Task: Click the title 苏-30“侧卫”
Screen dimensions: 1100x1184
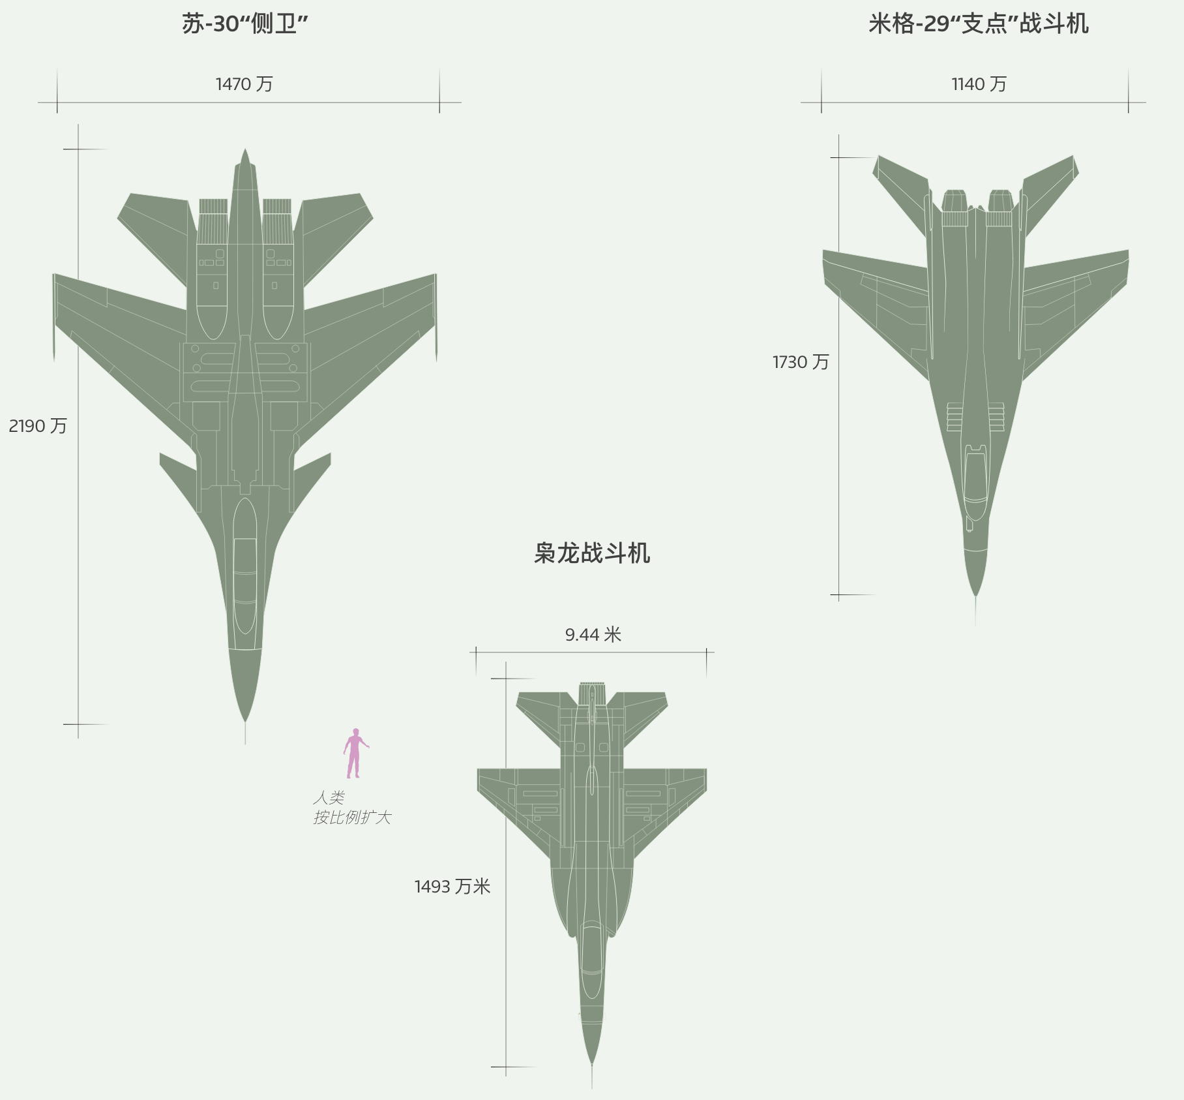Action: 244,24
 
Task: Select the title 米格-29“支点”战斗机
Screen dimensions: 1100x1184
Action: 978,24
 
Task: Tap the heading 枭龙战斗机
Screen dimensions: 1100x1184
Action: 592,553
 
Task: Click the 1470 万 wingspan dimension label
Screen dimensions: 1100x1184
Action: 244,84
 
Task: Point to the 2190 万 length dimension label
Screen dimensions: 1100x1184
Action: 38,426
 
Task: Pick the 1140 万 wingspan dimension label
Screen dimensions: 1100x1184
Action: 979,84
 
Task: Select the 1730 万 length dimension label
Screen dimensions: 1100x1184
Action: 801,362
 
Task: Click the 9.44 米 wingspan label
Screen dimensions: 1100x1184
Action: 593,635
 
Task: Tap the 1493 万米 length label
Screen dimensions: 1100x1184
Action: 452,887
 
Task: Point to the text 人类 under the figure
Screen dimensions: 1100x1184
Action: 329,798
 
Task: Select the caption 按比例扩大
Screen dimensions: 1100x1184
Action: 352,817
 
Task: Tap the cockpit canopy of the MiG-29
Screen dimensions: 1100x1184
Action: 975,476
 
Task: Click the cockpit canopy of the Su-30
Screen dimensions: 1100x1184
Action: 245,568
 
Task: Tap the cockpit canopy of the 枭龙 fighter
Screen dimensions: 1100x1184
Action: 591,959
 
